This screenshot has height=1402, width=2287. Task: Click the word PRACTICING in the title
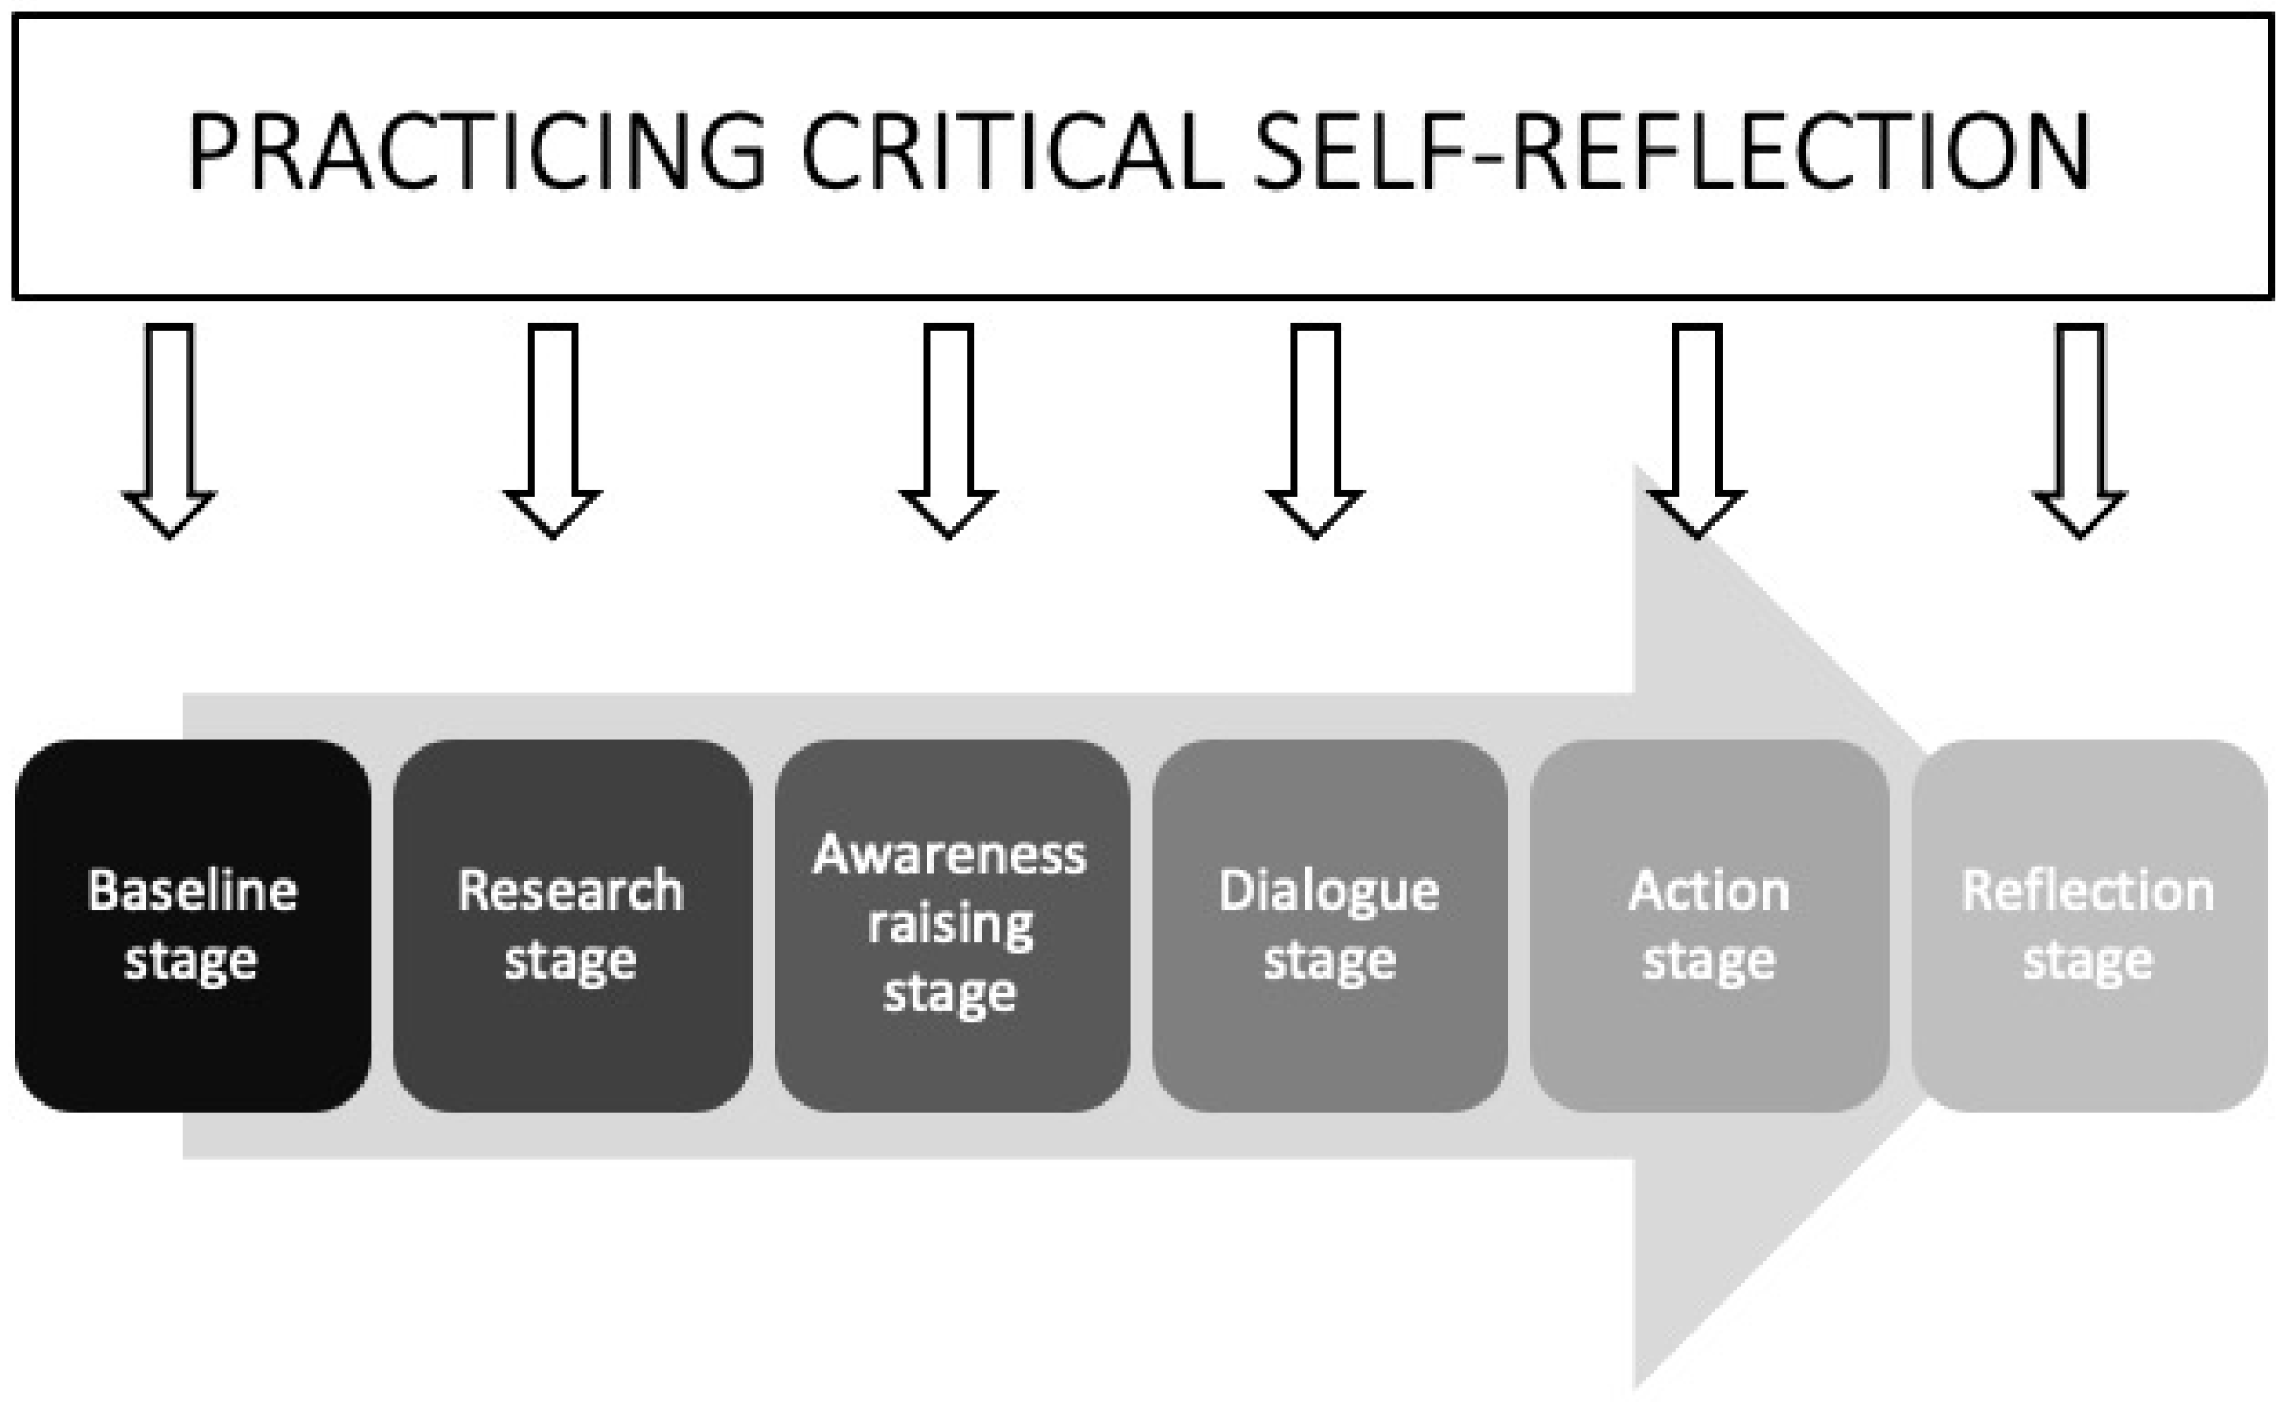pyautogui.click(x=477, y=151)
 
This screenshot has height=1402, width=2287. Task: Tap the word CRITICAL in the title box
pyautogui.click(x=1011, y=151)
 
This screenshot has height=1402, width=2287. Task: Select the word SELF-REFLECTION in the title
pyautogui.click(x=1671, y=151)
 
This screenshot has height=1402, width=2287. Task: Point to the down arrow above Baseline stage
pyautogui.click(x=170, y=427)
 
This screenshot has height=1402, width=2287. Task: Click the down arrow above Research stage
pyautogui.click(x=553, y=427)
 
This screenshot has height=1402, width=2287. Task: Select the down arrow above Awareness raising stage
pyautogui.click(x=948, y=427)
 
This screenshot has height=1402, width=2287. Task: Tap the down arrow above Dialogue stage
pyautogui.click(x=1315, y=427)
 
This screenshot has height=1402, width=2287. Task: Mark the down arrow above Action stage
pyautogui.click(x=1697, y=427)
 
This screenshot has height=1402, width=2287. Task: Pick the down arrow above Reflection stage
pyautogui.click(x=2079, y=427)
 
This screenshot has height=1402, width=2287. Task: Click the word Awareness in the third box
pyautogui.click(x=950, y=855)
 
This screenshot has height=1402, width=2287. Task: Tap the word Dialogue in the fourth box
pyautogui.click(x=1329, y=891)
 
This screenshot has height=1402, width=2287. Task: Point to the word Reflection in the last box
pyautogui.click(x=2088, y=891)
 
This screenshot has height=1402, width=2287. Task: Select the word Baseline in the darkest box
pyautogui.click(x=192, y=891)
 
